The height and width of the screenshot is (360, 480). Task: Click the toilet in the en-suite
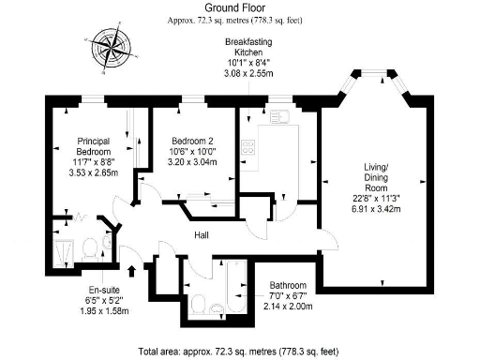pyautogui.click(x=87, y=248)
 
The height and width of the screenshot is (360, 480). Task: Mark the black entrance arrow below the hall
pyautogui.click(x=131, y=271)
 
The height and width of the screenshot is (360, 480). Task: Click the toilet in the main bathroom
pyautogui.click(x=217, y=307)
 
